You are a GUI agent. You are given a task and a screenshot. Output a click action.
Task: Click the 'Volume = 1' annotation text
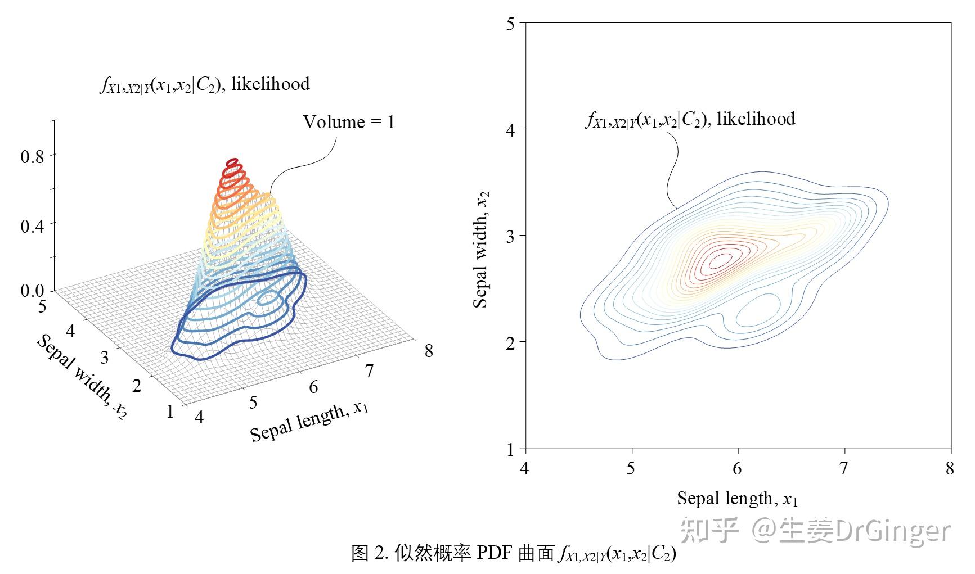(x=349, y=122)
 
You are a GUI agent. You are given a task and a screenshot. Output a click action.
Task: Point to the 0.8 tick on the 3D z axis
(x=32, y=156)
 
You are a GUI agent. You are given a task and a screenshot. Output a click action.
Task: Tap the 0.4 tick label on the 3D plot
(x=32, y=225)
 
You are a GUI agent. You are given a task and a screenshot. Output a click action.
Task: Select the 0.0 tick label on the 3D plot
(x=32, y=291)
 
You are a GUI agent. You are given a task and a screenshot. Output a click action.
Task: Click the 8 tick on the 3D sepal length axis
(x=429, y=351)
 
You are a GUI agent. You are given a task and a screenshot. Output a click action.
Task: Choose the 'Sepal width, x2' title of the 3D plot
(x=82, y=376)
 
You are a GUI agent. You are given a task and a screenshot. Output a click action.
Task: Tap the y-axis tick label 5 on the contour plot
(x=510, y=24)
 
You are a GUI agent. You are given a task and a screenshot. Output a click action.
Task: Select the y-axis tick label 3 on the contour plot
(x=510, y=236)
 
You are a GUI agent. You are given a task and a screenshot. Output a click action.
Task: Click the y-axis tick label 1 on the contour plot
(x=510, y=449)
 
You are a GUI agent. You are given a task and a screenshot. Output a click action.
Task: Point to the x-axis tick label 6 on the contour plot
(x=738, y=468)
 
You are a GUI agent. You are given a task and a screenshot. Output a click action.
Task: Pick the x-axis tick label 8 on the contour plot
(x=950, y=468)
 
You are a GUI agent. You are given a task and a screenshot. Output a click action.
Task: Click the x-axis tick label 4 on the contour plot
(x=524, y=468)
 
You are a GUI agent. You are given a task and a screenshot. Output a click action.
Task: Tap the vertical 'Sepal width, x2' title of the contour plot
(x=481, y=248)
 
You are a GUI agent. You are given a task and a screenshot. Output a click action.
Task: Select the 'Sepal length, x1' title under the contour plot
(x=737, y=499)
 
